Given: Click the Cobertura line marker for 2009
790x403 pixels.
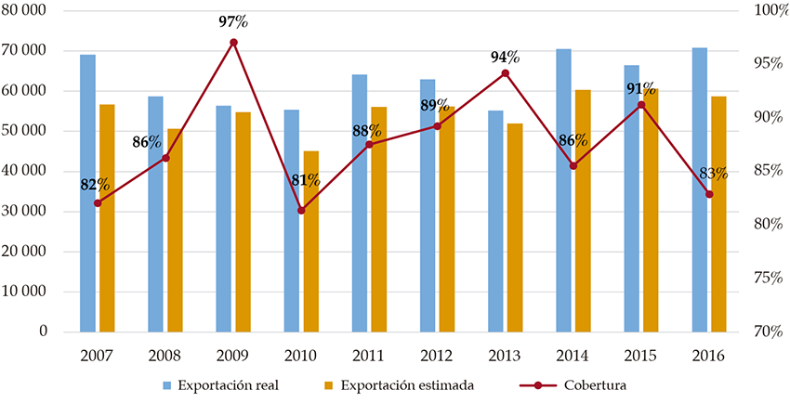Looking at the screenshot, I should pos(233,43).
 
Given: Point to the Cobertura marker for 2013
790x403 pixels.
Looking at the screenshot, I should pos(506,73).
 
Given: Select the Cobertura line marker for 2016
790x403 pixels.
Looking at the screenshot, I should pos(709,194).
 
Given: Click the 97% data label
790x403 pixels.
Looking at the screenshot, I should pos(233,22).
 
